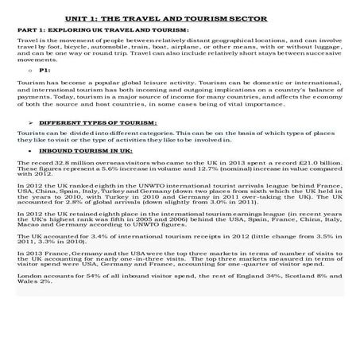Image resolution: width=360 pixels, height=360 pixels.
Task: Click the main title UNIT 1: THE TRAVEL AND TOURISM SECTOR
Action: coord(179,17)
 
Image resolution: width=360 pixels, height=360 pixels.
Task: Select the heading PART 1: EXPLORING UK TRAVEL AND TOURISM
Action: coord(103,29)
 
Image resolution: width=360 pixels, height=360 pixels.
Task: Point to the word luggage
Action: coord(326,45)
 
